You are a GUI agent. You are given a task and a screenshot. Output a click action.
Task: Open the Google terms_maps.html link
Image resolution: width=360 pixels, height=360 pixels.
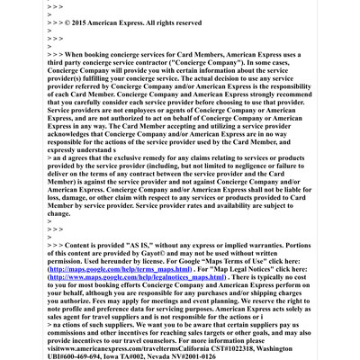pyautogui.click(x=119, y=269)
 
